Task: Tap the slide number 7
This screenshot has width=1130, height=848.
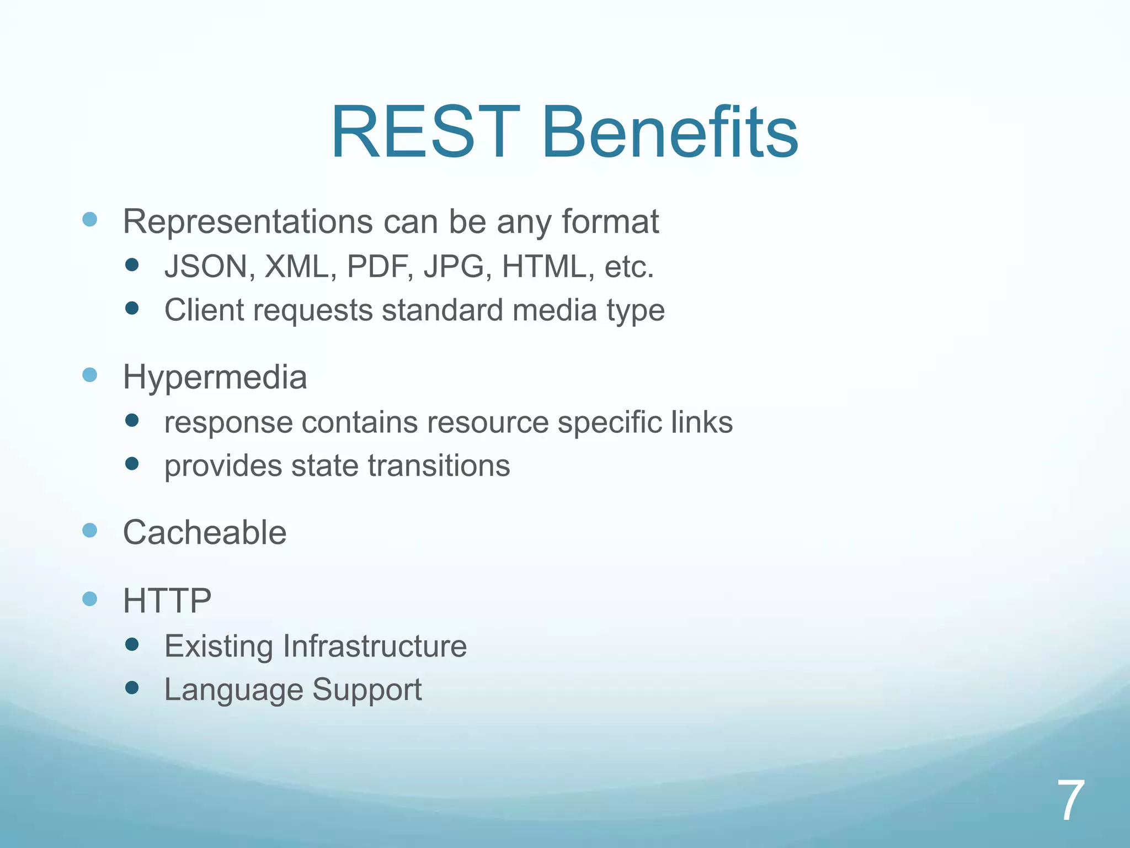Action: (1070, 801)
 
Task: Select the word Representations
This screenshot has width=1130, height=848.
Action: (248, 222)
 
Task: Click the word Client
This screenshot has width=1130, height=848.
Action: (204, 310)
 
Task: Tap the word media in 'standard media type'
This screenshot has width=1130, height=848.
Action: (555, 310)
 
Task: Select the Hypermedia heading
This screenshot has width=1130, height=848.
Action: (215, 378)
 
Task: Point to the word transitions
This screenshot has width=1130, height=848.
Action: (439, 465)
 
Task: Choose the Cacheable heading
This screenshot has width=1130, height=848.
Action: (205, 533)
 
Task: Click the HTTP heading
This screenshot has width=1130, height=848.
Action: (167, 601)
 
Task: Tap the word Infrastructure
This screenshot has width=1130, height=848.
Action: (375, 646)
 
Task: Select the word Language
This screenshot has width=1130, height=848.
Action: (234, 690)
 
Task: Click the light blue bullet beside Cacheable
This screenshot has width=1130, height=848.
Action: (89, 531)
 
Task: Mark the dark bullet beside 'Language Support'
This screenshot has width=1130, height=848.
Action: (132, 687)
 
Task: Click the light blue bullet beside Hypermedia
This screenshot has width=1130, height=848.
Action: (89, 375)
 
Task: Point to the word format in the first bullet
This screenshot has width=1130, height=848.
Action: (610, 222)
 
